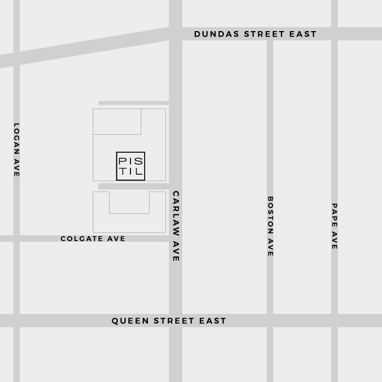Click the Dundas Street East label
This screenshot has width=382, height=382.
(255, 34)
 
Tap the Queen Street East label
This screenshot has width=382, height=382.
(169, 321)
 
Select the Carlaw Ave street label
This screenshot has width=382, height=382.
(176, 226)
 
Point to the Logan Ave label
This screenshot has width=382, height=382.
(16, 150)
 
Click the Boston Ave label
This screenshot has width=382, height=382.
(270, 226)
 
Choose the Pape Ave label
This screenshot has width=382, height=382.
(335, 226)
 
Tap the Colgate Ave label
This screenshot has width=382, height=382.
(93, 239)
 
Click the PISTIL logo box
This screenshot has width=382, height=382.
(131, 166)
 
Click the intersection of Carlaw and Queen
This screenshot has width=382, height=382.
(176, 320)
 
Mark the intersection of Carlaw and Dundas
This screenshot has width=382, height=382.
(176, 34)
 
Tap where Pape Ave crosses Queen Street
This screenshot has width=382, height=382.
(335, 320)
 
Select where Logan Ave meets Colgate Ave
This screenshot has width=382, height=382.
(16, 238)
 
